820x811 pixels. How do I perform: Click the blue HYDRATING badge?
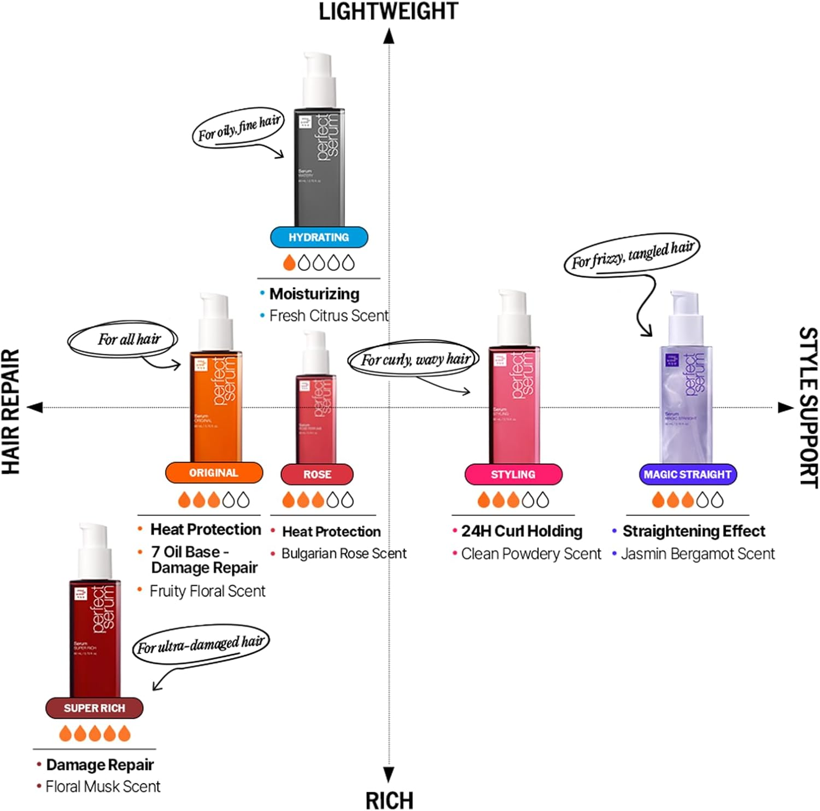pyautogui.click(x=319, y=237)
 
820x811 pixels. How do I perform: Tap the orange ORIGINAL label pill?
pyautogui.click(x=214, y=473)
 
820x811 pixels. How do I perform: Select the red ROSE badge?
pyautogui.click(x=317, y=475)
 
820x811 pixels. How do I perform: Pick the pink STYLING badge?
pyautogui.click(x=513, y=475)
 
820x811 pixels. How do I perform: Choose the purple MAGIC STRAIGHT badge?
pyautogui.click(x=688, y=475)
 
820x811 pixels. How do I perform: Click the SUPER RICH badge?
pyautogui.click(x=94, y=708)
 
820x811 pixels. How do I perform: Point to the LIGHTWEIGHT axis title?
pyautogui.click(x=388, y=12)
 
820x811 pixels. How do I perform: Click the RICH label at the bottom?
pyautogui.click(x=389, y=801)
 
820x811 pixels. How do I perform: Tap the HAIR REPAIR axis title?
pyautogui.click(x=11, y=411)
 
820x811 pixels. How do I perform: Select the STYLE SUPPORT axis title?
pyautogui.click(x=808, y=407)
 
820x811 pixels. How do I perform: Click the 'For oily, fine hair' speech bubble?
pyautogui.click(x=238, y=127)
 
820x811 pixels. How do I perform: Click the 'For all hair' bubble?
pyautogui.click(x=123, y=340)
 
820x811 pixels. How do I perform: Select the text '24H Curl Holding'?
pyautogui.click(x=522, y=532)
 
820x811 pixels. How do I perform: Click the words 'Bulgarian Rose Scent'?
pyautogui.click(x=344, y=554)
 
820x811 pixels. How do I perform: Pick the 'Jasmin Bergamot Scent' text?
pyautogui.click(x=698, y=555)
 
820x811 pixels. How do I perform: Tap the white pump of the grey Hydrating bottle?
pyautogui.click(x=319, y=74)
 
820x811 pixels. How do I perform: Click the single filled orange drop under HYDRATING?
pyautogui.click(x=289, y=263)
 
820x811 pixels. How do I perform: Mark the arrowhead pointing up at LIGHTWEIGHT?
pyautogui.click(x=389, y=36)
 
